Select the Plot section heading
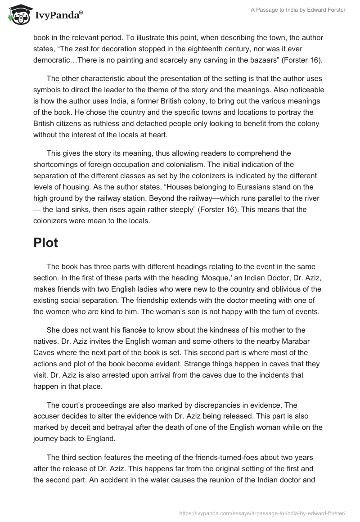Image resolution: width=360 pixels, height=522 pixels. [x=45, y=243]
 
